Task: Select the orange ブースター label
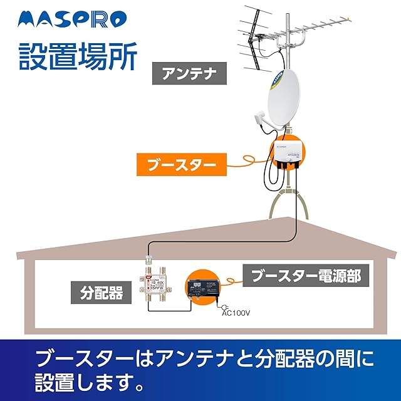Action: point(181,165)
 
